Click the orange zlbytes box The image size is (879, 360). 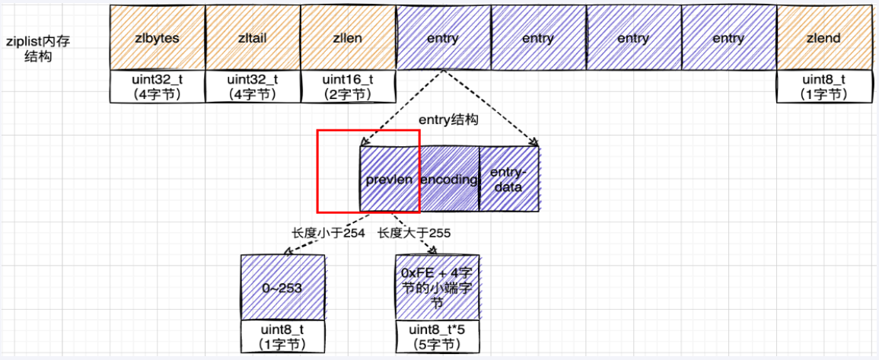tap(157, 37)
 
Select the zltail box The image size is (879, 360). tap(252, 37)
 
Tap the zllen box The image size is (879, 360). tap(347, 37)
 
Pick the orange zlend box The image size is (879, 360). tap(823, 37)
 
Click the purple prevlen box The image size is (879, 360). tap(389, 179)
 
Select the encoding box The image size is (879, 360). tap(449, 179)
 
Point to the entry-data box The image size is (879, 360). tap(508, 179)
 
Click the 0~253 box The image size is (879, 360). tap(282, 288)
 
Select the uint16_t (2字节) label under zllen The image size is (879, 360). tap(347, 87)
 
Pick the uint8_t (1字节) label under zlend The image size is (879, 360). tap(823, 87)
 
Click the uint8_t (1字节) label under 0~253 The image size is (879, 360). tap(282, 337)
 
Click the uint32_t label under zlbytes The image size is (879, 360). tap(157, 87)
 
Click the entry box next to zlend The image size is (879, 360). tap(728, 37)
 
